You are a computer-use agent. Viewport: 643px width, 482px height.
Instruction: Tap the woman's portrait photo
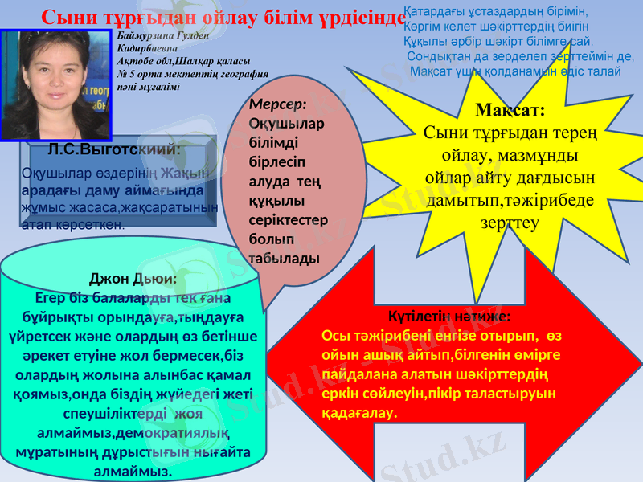pos(55,85)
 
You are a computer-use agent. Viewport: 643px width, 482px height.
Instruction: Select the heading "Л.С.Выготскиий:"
pos(113,149)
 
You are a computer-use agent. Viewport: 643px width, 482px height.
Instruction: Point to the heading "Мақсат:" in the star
pos(510,109)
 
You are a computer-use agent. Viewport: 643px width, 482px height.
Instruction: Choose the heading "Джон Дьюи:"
pos(133,279)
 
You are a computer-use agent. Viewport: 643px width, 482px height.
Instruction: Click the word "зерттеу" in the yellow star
pos(510,223)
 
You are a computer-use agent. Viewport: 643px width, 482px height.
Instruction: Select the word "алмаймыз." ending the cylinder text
pos(133,471)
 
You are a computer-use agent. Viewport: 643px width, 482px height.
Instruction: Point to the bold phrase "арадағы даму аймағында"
pos(112,191)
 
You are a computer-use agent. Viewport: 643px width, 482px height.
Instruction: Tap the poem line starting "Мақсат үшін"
pos(515,71)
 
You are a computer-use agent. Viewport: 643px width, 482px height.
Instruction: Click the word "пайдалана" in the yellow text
pos(354,375)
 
